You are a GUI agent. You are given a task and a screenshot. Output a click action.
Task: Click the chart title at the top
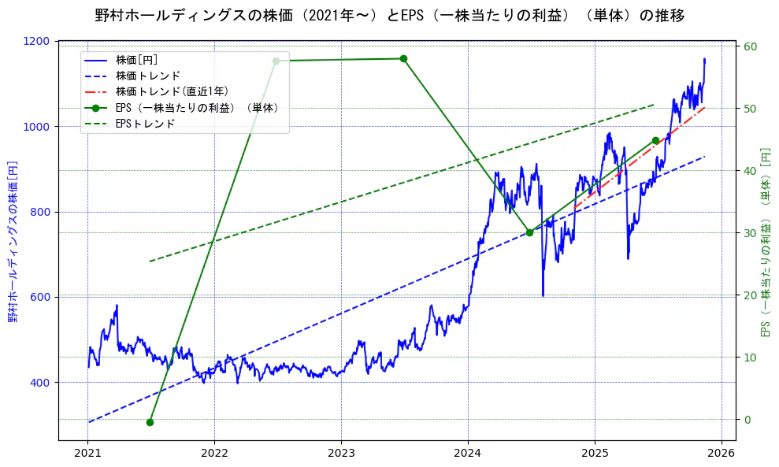389,15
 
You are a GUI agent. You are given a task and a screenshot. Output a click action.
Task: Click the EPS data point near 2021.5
150,422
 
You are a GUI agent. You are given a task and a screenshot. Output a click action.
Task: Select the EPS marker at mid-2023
403,58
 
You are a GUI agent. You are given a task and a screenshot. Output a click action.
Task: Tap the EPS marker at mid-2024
529,232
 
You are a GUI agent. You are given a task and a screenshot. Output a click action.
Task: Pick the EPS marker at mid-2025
655,141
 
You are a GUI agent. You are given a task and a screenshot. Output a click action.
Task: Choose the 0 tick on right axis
747,419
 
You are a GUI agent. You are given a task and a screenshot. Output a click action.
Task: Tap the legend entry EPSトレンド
145,124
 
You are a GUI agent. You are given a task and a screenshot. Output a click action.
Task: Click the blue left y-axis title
13,241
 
